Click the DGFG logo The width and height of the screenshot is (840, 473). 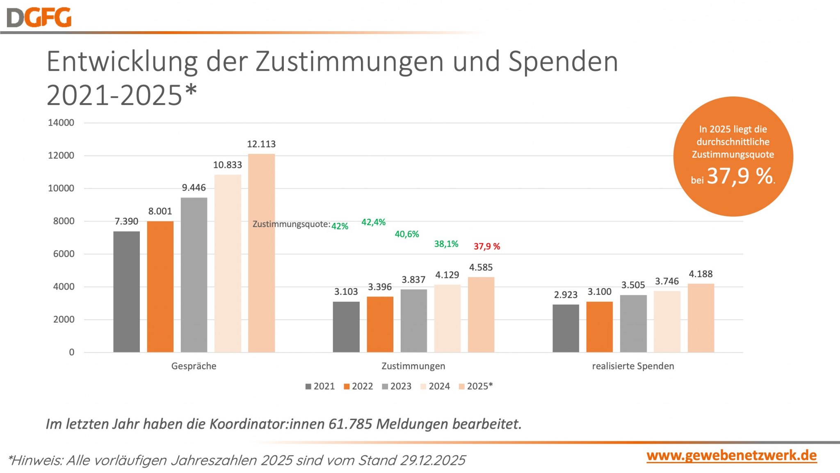pyautogui.click(x=39, y=18)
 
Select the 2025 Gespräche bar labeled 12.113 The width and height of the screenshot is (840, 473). pyautogui.click(x=261, y=253)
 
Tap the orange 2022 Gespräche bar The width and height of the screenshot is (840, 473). pyautogui.click(x=160, y=286)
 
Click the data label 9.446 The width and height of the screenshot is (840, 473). pyautogui.click(x=194, y=188)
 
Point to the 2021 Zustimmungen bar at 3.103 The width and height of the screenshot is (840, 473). pyautogui.click(x=346, y=327)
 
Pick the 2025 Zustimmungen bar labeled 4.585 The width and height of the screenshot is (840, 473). pyautogui.click(x=481, y=315)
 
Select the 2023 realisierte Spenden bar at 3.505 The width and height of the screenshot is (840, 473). pyautogui.click(x=633, y=324)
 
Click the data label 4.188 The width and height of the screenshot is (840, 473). pyautogui.click(x=701, y=274)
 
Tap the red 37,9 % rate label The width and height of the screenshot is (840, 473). pyautogui.click(x=487, y=246)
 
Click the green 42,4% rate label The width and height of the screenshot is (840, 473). pyautogui.click(x=373, y=222)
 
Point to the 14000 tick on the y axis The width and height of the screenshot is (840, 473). pyautogui.click(x=61, y=123)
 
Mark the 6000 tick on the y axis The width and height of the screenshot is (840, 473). pyautogui.click(x=64, y=254)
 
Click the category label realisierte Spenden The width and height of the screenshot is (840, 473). pyautogui.click(x=633, y=366)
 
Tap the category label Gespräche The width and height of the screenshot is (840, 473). pyautogui.click(x=194, y=366)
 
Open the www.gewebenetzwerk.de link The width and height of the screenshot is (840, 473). pyautogui.click(x=731, y=456)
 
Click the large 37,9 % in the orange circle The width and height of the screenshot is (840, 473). pyautogui.click(x=740, y=176)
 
